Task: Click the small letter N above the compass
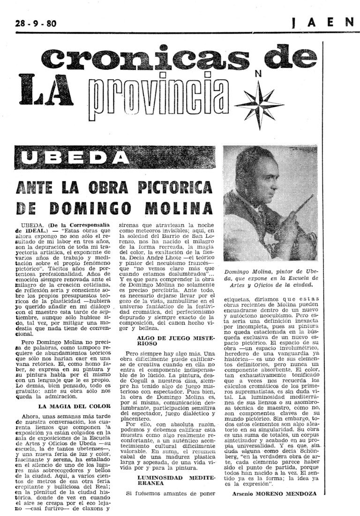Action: tap(257, 73)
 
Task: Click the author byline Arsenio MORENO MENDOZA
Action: tap(274, 493)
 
